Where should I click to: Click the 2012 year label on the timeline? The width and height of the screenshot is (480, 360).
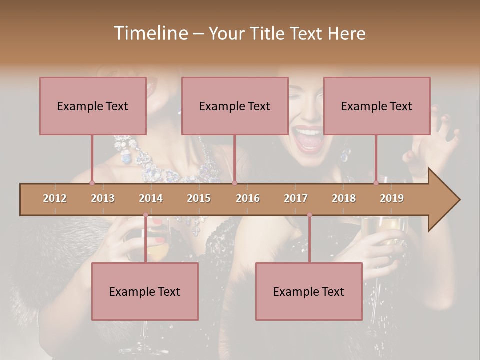click(55, 198)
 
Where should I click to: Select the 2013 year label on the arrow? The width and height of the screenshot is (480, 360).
click(103, 198)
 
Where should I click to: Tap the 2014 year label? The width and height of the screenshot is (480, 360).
click(151, 198)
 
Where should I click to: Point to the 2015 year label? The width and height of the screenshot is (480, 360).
click(199, 198)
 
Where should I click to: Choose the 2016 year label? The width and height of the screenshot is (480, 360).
click(248, 198)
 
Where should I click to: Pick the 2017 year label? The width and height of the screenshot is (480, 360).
click(296, 198)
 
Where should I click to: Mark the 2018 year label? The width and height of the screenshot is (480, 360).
click(344, 198)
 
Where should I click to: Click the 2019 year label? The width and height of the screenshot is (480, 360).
click(392, 198)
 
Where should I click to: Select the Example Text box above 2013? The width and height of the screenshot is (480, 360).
click(93, 106)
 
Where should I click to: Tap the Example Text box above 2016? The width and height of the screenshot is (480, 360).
click(235, 106)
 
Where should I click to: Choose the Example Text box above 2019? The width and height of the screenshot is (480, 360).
click(377, 106)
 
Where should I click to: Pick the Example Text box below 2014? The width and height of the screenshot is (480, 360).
click(145, 291)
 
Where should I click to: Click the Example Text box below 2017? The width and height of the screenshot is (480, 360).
click(309, 291)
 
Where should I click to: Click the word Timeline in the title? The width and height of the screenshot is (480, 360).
click(150, 33)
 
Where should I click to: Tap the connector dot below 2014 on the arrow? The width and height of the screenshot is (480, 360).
click(145, 215)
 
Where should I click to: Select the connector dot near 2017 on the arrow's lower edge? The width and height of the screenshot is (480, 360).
click(309, 215)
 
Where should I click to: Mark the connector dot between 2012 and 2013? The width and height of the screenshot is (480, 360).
click(92, 183)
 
